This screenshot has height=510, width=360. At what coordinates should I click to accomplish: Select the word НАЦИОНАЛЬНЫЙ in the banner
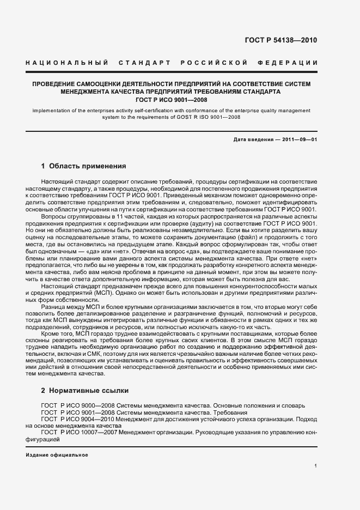66,63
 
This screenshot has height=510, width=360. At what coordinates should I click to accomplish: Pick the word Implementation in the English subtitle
53,111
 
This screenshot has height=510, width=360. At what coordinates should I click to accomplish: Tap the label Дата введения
252,139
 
